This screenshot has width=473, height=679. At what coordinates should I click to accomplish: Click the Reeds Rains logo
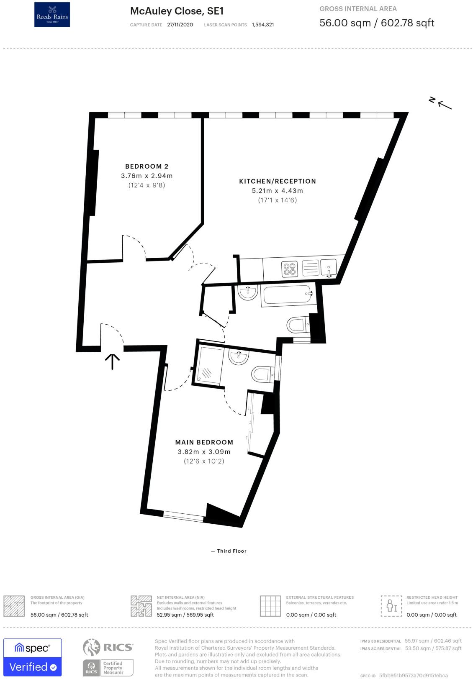pos(52,15)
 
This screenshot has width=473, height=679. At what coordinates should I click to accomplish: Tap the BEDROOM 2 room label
pos(147,167)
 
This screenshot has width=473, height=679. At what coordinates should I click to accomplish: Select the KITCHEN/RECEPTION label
pos(278,181)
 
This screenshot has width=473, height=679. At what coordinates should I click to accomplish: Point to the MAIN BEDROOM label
pos(204,442)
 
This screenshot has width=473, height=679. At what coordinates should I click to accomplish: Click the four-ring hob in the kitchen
pos(289,269)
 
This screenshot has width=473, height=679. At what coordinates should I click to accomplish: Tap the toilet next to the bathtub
pos(297,324)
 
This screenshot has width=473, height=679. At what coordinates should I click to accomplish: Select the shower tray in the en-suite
pos(208,364)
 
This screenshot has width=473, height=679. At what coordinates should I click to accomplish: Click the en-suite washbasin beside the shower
pos(239,357)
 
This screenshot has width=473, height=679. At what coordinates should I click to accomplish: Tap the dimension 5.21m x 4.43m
pos(277,191)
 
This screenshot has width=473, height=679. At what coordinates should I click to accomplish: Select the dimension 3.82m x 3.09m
pos(204,452)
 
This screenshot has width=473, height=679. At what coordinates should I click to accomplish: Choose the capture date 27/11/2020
pos(180,25)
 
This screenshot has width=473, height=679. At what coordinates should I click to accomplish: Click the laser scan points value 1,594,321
pos(263,25)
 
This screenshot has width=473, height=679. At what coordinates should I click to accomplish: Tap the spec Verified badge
pos(33,657)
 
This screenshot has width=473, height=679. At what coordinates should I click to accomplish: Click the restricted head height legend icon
pos(391,606)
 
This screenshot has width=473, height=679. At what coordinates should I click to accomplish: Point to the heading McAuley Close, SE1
pos(177,11)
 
